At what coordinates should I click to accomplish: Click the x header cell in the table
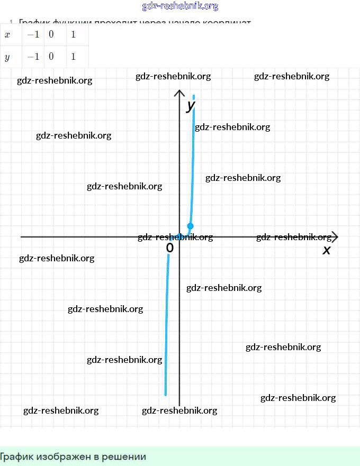[7, 34]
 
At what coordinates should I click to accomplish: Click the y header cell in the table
[7, 57]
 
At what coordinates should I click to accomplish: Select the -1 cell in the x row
[33, 34]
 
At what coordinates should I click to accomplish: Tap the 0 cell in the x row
[51, 34]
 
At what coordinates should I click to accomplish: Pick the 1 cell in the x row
[73, 34]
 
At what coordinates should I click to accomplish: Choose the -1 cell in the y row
[33, 57]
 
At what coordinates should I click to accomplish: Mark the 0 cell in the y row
[51, 57]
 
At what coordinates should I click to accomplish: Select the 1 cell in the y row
[73, 57]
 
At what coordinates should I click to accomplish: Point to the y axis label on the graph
[191, 105]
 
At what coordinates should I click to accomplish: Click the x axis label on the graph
[327, 250]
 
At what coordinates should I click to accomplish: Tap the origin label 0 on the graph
[169, 248]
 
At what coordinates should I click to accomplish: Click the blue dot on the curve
[191, 226]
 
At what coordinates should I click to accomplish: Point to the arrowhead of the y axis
[179, 94]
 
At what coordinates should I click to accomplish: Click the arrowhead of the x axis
[334, 237]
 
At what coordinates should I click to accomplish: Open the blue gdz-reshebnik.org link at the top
[180, 6]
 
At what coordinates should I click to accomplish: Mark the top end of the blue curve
[194, 96]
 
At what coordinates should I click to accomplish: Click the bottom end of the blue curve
[166, 394]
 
